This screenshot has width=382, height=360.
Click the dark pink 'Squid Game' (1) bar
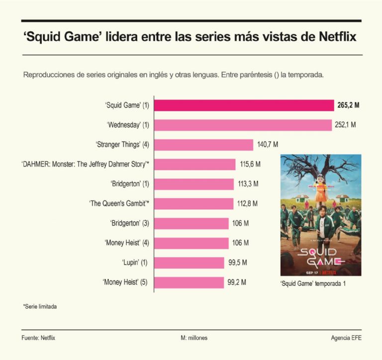(x=244, y=105)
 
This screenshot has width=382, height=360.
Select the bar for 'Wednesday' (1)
(x=243, y=125)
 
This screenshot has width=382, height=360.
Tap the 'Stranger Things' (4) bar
(x=203, y=145)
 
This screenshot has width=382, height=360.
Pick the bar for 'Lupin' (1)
(x=189, y=263)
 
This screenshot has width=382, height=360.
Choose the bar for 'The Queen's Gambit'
(x=193, y=204)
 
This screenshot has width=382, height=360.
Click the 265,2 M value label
(x=348, y=105)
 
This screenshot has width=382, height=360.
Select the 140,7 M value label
(x=268, y=145)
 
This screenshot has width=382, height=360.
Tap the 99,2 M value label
(x=237, y=282)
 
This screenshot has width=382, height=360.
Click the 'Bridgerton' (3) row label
(x=129, y=223)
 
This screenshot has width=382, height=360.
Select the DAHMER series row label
(x=85, y=164)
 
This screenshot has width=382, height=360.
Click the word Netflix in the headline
(x=338, y=37)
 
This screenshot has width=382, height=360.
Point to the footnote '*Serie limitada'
(x=40, y=307)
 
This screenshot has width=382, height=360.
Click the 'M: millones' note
(x=194, y=338)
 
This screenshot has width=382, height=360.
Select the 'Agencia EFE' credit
(x=346, y=338)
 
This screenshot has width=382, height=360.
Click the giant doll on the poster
(x=321, y=189)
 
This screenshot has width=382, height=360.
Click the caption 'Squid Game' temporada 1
(x=313, y=283)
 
